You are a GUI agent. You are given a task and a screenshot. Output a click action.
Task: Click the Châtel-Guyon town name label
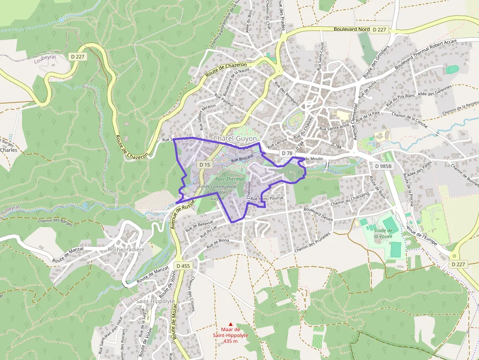[235, 138]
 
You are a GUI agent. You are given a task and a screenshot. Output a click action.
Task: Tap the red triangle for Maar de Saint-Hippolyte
[231, 324]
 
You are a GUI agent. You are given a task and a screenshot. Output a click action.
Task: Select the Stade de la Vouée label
[383, 233]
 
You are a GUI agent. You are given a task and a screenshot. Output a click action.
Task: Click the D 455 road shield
[183, 266]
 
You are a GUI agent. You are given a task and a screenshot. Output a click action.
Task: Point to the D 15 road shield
[205, 165]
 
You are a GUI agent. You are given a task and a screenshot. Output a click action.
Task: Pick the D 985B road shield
[384, 166]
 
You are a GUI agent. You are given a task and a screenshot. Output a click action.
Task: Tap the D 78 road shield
[287, 153]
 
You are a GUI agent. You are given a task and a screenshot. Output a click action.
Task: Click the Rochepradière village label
[126, 249]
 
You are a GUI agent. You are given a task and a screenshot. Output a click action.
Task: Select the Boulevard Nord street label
[351, 29]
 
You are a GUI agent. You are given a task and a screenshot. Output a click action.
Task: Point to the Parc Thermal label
[229, 179]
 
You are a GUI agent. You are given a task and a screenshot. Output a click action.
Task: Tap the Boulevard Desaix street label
[318, 215]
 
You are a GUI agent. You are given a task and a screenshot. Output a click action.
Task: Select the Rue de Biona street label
[218, 243]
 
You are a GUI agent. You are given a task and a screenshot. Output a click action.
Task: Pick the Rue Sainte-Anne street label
[334, 126]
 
